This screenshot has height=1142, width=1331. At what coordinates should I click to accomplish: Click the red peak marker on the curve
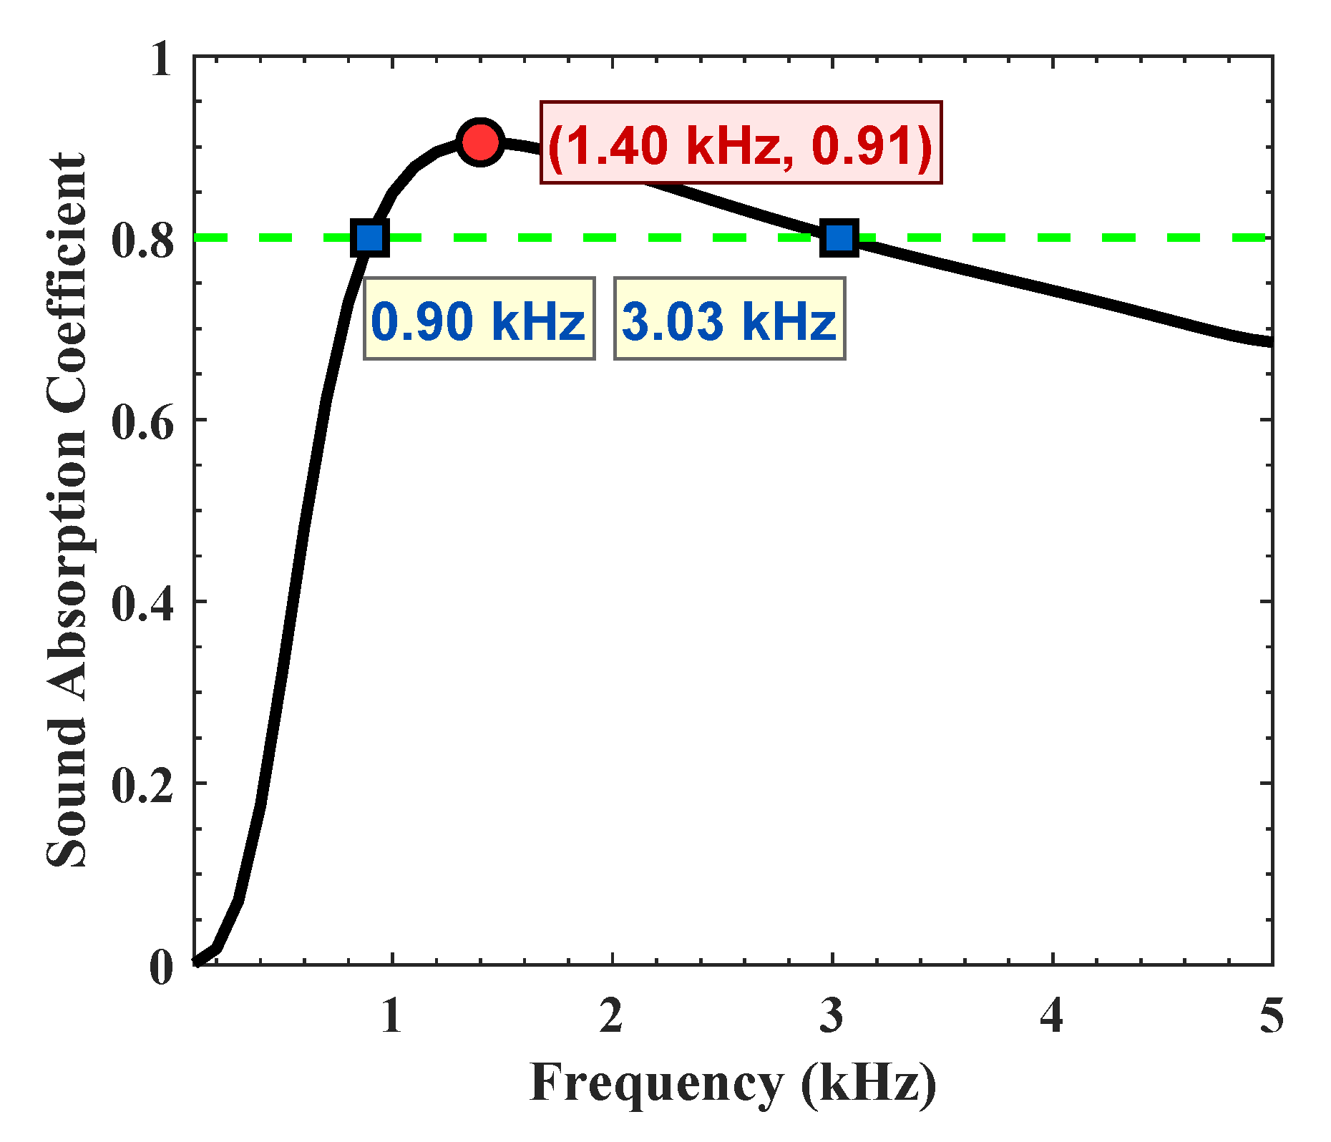[480, 142]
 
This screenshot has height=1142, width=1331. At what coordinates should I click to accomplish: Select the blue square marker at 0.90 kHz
[370, 237]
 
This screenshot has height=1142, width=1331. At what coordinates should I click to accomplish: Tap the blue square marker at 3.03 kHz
[839, 237]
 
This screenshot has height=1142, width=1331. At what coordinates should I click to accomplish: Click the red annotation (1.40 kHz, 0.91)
[740, 143]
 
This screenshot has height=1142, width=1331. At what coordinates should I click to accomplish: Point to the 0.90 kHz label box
[479, 319]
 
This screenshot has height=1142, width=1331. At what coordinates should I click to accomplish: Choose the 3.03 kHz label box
[729, 319]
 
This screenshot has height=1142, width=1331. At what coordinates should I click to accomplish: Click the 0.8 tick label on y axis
[143, 240]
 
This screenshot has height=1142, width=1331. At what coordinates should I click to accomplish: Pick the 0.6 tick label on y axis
[143, 422]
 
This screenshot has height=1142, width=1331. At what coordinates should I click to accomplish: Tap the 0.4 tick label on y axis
[143, 604]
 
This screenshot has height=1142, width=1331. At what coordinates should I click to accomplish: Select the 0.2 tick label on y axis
[143, 786]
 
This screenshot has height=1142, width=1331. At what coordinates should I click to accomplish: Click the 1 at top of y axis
[161, 59]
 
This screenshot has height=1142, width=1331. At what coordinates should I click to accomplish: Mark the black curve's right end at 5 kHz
[1269, 341]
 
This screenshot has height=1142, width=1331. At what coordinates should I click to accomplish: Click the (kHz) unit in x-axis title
[869, 1085]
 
